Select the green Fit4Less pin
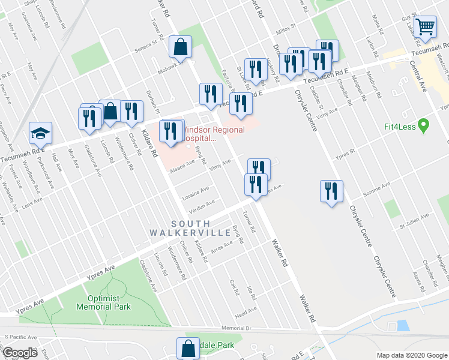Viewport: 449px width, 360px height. [424, 126]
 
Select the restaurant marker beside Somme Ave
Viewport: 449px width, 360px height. [331, 191]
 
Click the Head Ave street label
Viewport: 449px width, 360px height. [246, 311]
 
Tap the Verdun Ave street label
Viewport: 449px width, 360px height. [202, 205]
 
